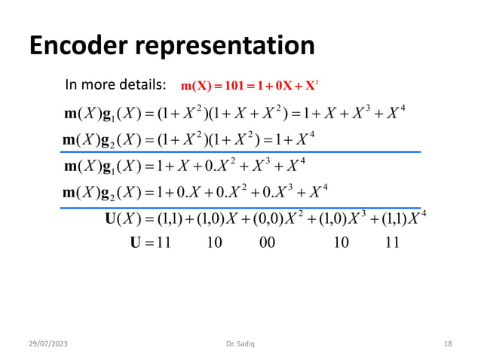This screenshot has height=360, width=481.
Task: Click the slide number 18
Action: coord(448,344)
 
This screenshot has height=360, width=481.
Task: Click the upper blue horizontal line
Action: coord(241,152)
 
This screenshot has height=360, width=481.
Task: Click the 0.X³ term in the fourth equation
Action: coord(275,193)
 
